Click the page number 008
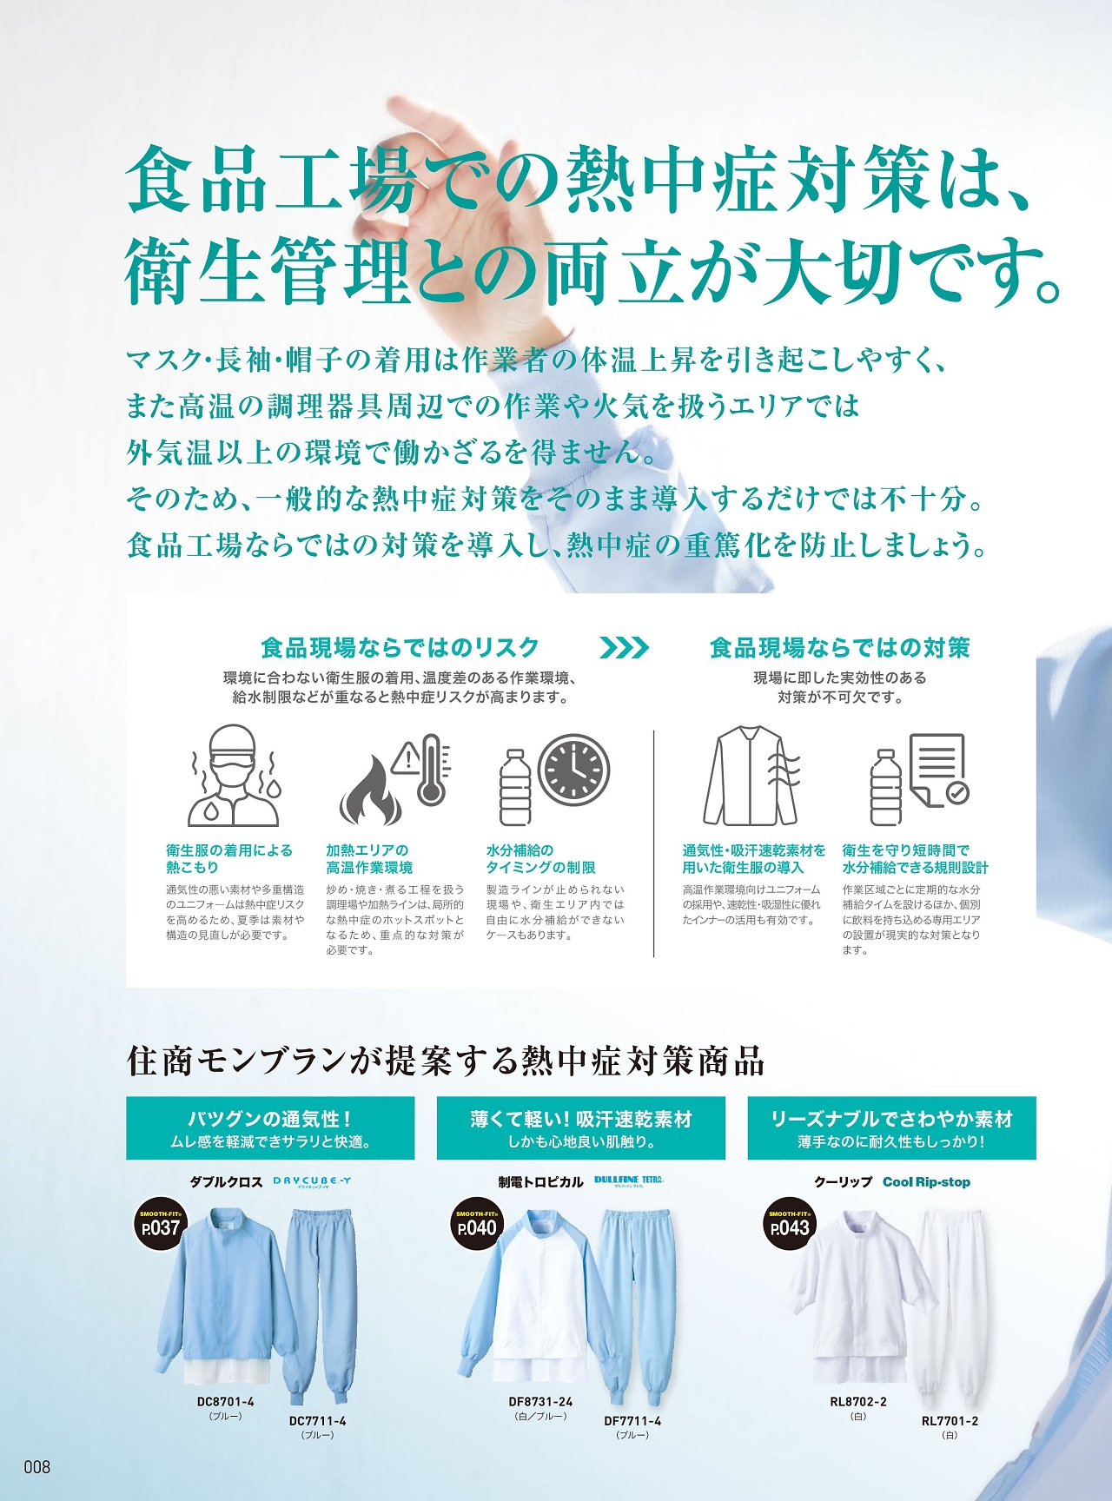[x=37, y=1467]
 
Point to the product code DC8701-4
[x=225, y=1401]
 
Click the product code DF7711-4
[x=632, y=1421]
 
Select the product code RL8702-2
[x=858, y=1401]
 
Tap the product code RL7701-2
[x=950, y=1421]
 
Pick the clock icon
[x=574, y=770]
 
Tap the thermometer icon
[x=430, y=769]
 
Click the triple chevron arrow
[x=624, y=647]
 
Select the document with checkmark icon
[x=938, y=769]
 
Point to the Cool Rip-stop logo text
[x=926, y=1181]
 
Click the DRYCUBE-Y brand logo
[x=312, y=1181]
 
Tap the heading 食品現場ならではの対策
[x=839, y=647]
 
